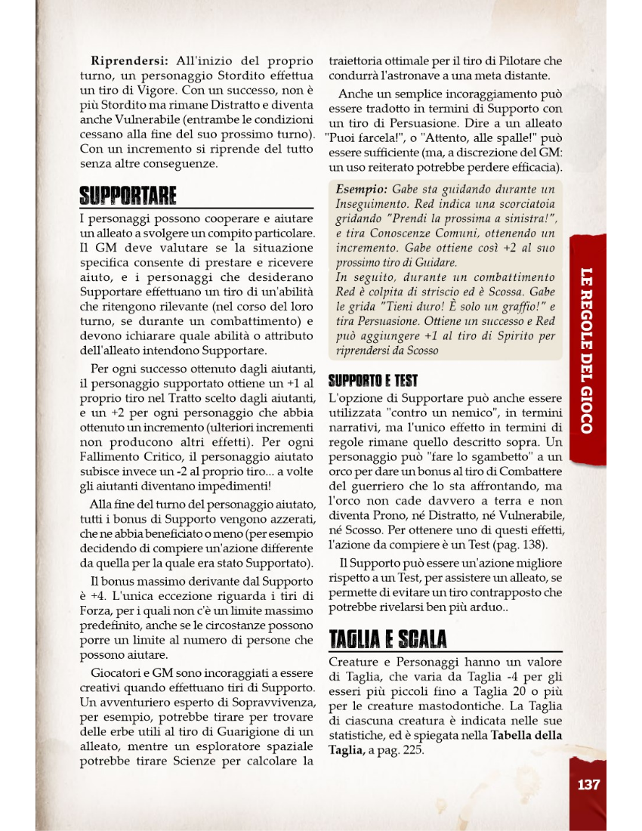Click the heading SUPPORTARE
(x=128, y=196)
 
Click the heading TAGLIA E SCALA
(x=388, y=639)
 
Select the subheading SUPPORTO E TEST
(x=373, y=381)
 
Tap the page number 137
(x=588, y=784)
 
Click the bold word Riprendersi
(x=128, y=60)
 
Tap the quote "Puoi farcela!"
(x=356, y=139)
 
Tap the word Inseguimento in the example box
(x=370, y=204)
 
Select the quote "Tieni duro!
(x=391, y=308)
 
